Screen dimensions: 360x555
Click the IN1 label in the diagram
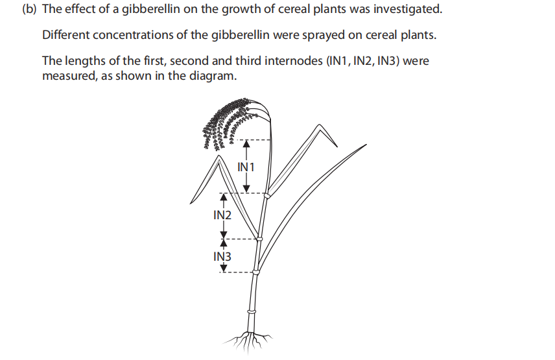pos(246,167)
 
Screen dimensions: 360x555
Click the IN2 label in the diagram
pos(222,215)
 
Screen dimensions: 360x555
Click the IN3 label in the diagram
pos(222,256)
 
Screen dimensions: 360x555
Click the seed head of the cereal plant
pos(224,123)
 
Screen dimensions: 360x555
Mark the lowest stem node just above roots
pos(252,312)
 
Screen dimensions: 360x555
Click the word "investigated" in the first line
pos(408,10)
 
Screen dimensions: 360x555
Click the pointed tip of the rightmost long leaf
pos(366,145)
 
